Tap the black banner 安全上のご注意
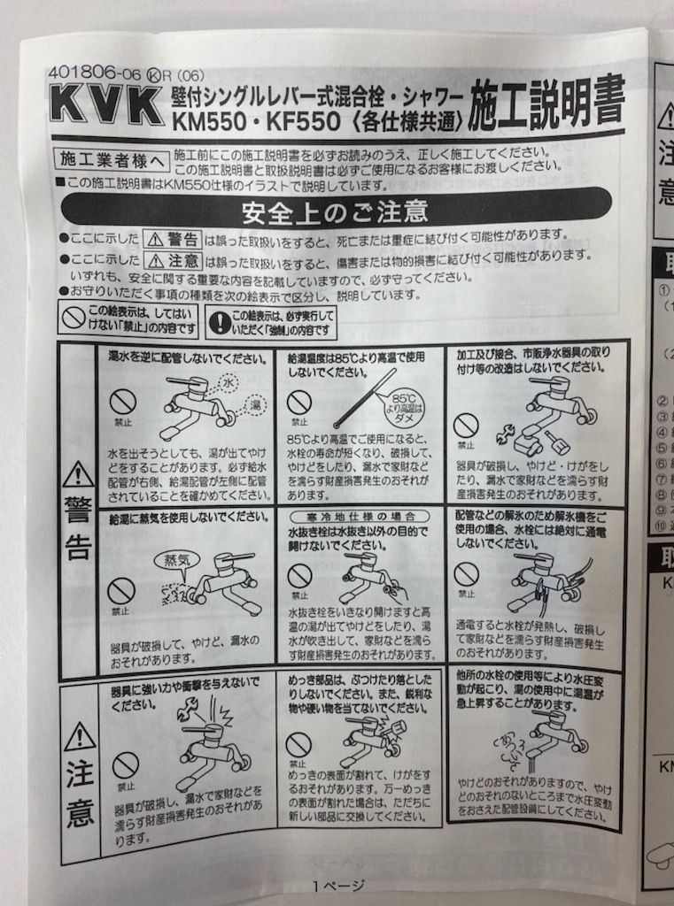click(335, 212)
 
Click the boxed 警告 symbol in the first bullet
click(174, 239)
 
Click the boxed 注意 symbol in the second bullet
click(174, 261)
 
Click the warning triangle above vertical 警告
click(78, 474)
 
